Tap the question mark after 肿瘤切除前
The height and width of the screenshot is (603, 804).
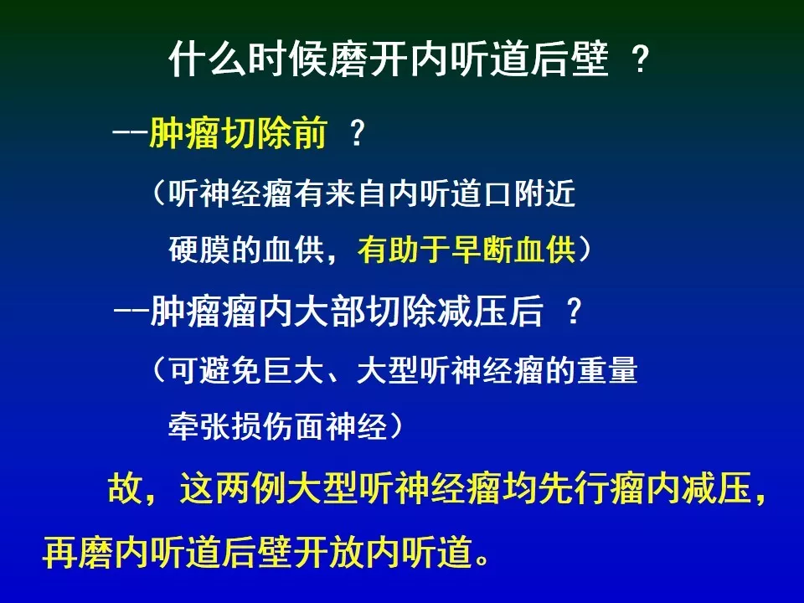pos(357,133)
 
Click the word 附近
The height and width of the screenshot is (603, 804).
pos(545,194)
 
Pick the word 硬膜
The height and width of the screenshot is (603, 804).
pos(199,250)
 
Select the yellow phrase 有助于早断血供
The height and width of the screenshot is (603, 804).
pos(466,250)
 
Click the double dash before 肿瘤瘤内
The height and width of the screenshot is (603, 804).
pos(131,312)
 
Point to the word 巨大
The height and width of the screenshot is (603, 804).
pos(293,369)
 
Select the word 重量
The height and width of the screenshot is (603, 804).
pos(608,369)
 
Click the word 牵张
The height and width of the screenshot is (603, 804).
pos(199,425)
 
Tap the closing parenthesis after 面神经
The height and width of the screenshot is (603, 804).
pos(396,425)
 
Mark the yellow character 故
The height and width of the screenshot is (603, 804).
pos(125,487)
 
